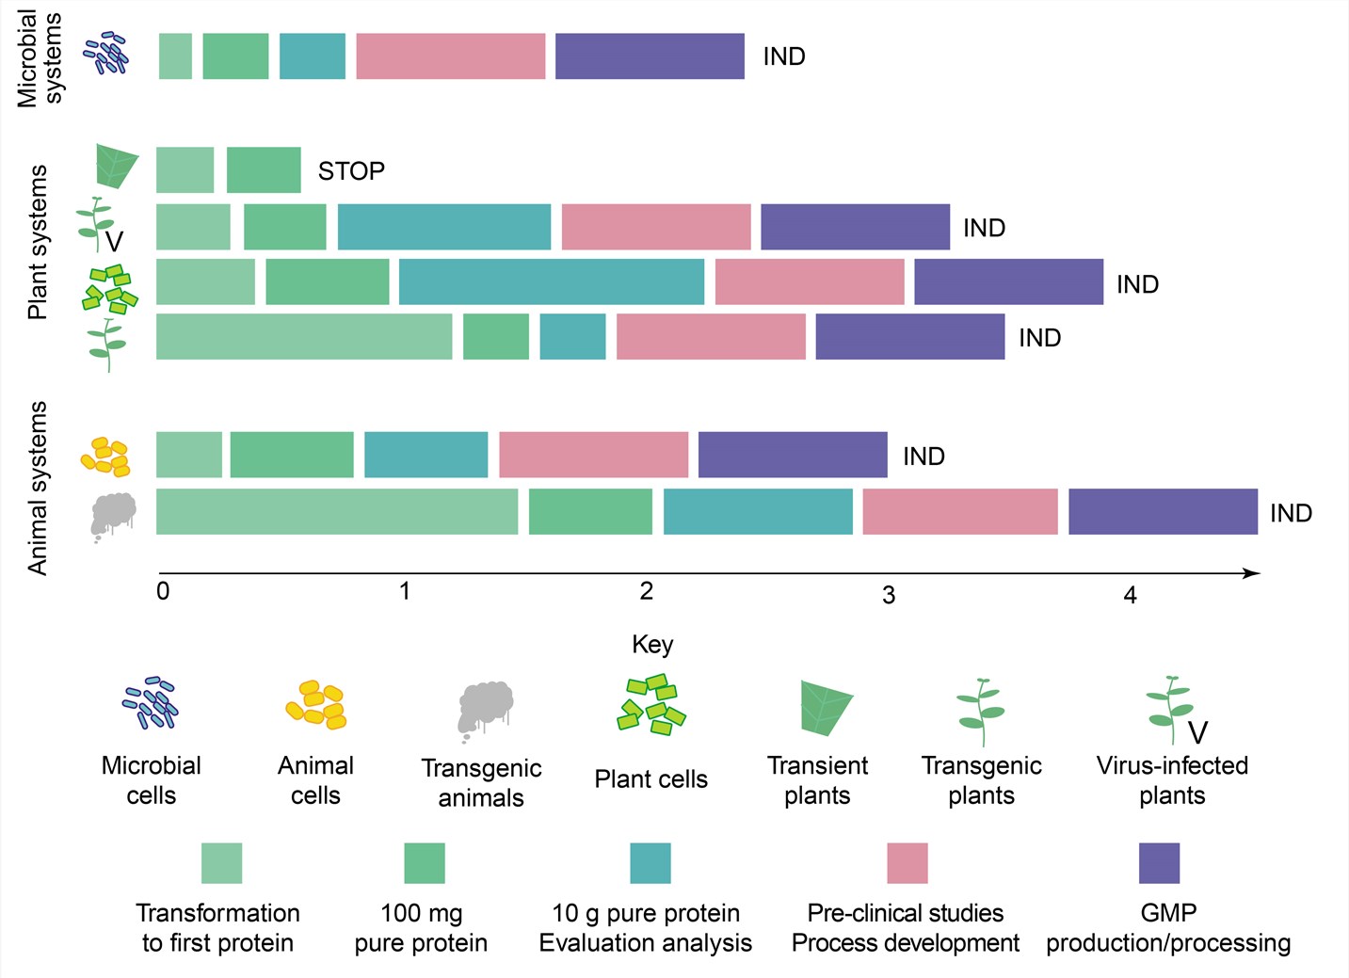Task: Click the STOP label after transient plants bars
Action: (x=351, y=171)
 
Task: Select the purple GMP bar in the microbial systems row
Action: (x=650, y=56)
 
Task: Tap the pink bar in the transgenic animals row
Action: (x=959, y=512)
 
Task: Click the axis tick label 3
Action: (x=889, y=595)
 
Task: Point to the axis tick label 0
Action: (x=163, y=591)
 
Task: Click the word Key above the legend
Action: (x=652, y=645)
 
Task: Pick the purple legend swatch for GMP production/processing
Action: (x=1159, y=863)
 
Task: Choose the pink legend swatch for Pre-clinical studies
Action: (x=907, y=863)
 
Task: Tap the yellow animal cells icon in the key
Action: (x=316, y=705)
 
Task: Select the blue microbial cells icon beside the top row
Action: (x=106, y=54)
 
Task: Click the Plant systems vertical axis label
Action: (x=38, y=243)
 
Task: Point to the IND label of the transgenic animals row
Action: (x=1291, y=513)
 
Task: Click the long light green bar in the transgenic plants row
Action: (x=304, y=337)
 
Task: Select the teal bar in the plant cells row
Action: (x=552, y=282)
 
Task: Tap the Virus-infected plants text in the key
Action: (x=1172, y=780)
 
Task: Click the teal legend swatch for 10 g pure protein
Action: (x=650, y=863)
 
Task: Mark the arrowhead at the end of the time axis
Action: (x=1253, y=573)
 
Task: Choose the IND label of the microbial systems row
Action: (x=784, y=56)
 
